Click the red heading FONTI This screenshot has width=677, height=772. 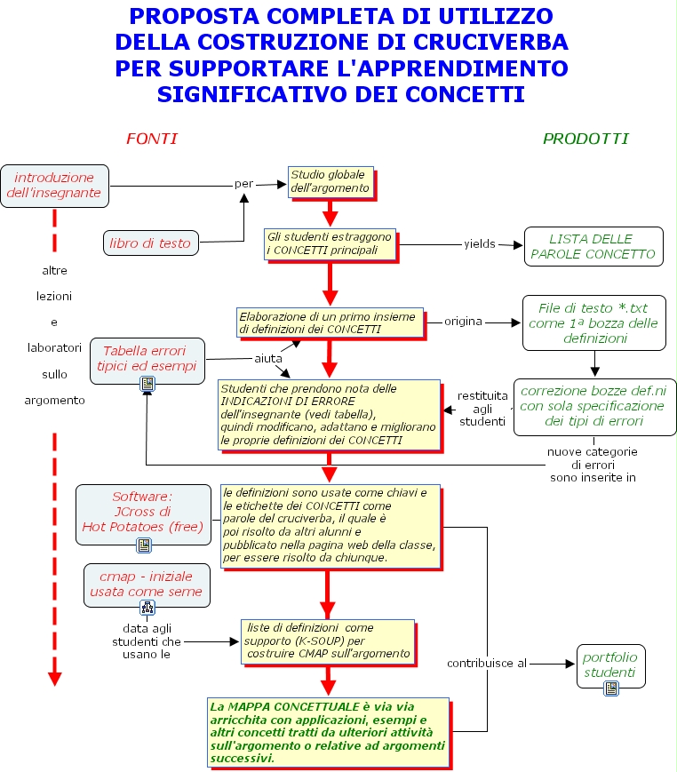pos(151,139)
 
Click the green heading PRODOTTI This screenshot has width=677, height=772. pos(585,139)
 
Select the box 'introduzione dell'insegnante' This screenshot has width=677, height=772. pos(54,185)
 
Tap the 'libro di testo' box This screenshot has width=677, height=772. pos(150,243)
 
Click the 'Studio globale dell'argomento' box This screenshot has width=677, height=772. pos(330,181)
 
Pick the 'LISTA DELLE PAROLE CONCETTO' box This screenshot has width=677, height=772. pos(593,246)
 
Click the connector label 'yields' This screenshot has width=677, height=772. pos(480,243)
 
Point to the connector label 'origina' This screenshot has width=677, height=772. pos(463,321)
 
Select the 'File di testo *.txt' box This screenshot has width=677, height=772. pos(593,322)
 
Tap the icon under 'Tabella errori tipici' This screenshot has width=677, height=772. pos(147,384)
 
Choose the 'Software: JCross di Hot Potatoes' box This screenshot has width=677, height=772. pos(142,512)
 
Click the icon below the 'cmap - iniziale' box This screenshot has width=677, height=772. pos(147,608)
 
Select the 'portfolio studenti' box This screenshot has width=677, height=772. pos(610,665)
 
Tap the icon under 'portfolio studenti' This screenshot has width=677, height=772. pos(610,688)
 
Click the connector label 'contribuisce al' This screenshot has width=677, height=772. pos(487,663)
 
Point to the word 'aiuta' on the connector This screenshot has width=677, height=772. pos(268,358)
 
